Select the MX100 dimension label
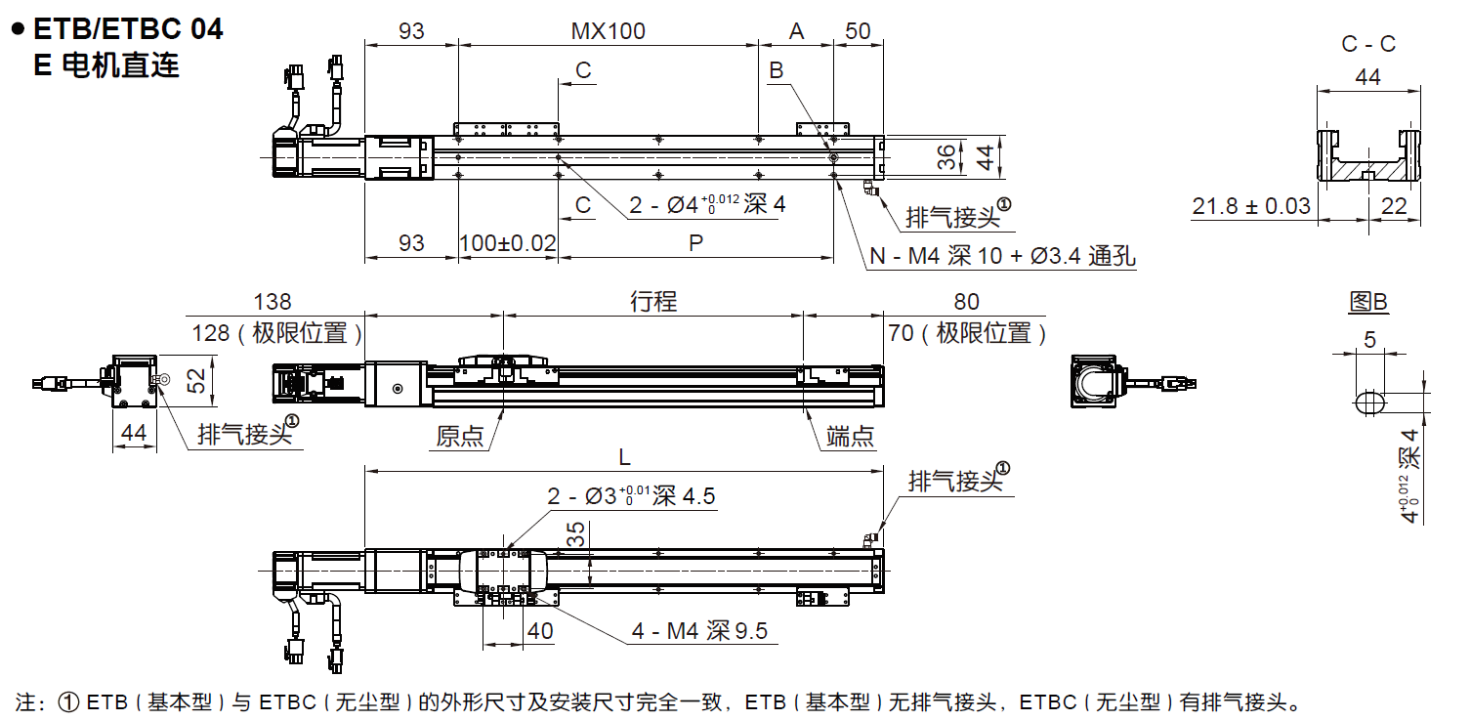pyautogui.click(x=608, y=31)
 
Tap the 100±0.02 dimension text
pyautogui.click(x=507, y=242)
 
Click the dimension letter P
pyautogui.click(x=695, y=242)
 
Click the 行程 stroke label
pyautogui.click(x=653, y=301)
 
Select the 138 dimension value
pyautogui.click(x=273, y=302)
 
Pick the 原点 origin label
pyautogui.click(x=460, y=437)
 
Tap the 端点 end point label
pyautogui.click(x=849, y=437)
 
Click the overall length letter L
pyautogui.click(x=624, y=456)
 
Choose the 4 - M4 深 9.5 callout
pyautogui.click(x=699, y=631)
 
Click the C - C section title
pyautogui.click(x=1368, y=44)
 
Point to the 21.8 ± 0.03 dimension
pyautogui.click(x=1251, y=206)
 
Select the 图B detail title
pyautogui.click(x=1367, y=302)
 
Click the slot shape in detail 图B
pyautogui.click(x=1369, y=402)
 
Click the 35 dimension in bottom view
pyautogui.click(x=577, y=533)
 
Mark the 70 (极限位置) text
pyautogui.click(x=968, y=334)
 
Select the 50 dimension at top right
pyautogui.click(x=858, y=31)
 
